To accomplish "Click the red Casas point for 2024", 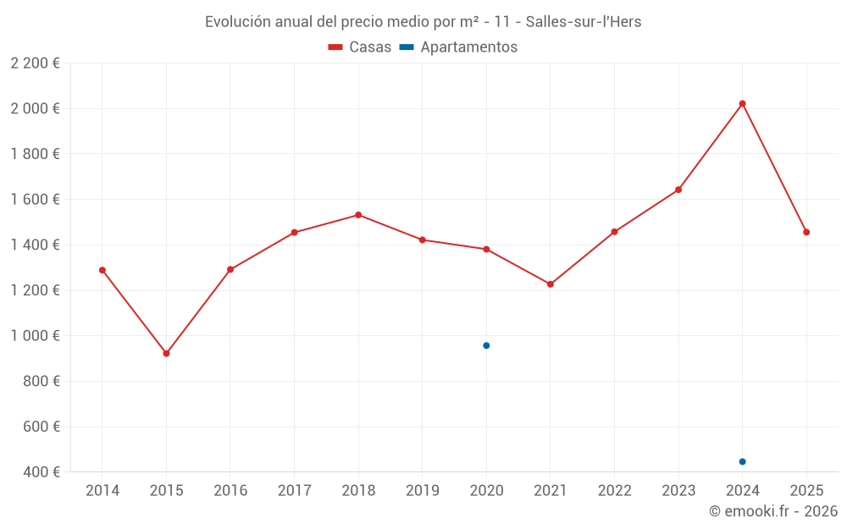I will (x=742, y=104).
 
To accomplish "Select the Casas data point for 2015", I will (x=166, y=354).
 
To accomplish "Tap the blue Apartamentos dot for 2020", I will (x=486, y=345).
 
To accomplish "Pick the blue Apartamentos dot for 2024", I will (x=742, y=461).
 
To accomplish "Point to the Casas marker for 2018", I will (x=358, y=215).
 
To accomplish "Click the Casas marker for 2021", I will (x=551, y=284).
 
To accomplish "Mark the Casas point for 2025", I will (x=806, y=232).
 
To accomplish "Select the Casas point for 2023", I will (x=678, y=190).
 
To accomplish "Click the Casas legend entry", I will (x=360, y=47).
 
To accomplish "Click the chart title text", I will (x=423, y=22).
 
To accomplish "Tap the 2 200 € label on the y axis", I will (x=35, y=63).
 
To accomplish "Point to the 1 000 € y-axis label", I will (x=35, y=336).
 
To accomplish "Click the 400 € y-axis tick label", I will (x=40, y=472).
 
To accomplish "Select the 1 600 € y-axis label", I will (x=35, y=200).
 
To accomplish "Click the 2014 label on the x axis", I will (x=102, y=491).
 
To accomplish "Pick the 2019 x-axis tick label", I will (x=423, y=491).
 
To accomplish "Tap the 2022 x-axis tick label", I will (x=614, y=491).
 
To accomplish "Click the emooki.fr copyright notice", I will (x=772, y=511).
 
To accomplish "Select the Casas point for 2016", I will (x=230, y=270).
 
